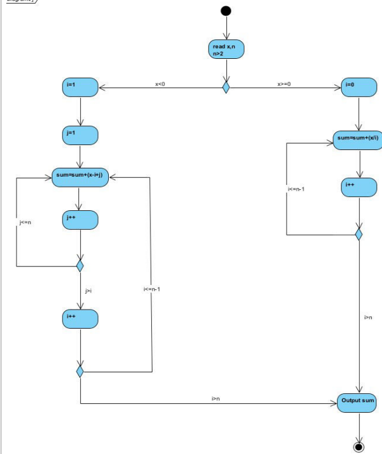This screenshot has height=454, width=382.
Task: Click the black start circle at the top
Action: click(226, 11)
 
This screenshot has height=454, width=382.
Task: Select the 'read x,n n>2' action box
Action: click(225, 50)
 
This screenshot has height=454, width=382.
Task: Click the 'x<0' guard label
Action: click(160, 84)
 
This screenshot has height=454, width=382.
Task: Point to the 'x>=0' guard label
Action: click(284, 84)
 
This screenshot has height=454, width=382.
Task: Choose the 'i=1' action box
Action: click(80, 87)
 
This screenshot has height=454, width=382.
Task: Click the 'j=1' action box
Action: click(80, 135)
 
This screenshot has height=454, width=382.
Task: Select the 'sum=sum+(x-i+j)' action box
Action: click(80, 178)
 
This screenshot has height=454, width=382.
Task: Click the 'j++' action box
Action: click(80, 220)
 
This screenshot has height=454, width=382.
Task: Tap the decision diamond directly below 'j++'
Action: click(80, 265)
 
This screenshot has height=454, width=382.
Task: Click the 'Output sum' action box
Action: click(359, 402)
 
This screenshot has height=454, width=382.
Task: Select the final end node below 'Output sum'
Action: click(359, 447)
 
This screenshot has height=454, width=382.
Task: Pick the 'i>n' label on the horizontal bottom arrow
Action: click(215, 398)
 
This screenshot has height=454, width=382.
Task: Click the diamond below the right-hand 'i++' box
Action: click(359, 235)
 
